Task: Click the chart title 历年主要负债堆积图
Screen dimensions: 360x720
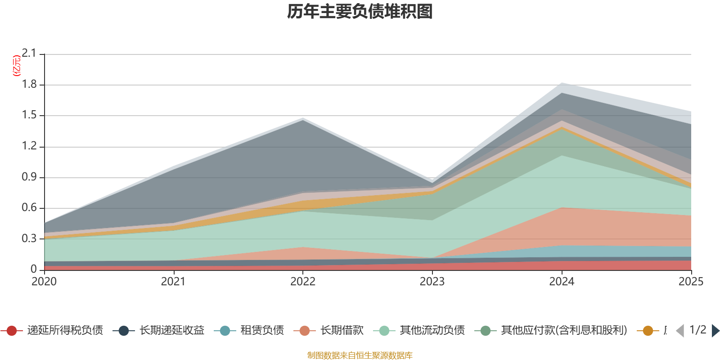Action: pyautogui.click(x=360, y=12)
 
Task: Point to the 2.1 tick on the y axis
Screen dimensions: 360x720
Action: pyautogui.click(x=29, y=54)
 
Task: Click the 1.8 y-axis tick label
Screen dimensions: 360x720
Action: pyautogui.click(x=29, y=85)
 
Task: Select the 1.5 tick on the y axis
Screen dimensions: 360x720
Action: pyautogui.click(x=29, y=115)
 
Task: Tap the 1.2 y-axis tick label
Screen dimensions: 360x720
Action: pyautogui.click(x=29, y=146)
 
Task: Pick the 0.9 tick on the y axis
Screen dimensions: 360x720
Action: pyautogui.click(x=29, y=177)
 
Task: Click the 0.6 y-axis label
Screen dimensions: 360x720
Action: pyautogui.click(x=29, y=208)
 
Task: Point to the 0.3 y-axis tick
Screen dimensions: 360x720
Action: pyautogui.click(x=29, y=239)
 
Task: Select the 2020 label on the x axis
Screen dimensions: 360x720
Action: pyautogui.click(x=44, y=282)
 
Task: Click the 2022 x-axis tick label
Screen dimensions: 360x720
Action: pyautogui.click(x=303, y=282)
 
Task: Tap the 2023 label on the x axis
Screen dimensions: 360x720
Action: pyautogui.click(x=432, y=282)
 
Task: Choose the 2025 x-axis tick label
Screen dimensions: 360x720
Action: pyautogui.click(x=690, y=282)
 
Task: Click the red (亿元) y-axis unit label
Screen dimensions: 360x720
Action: pyautogui.click(x=17, y=66)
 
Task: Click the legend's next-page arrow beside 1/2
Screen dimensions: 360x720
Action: pyautogui.click(x=715, y=331)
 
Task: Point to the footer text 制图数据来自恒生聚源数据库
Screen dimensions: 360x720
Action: pyautogui.click(x=360, y=355)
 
